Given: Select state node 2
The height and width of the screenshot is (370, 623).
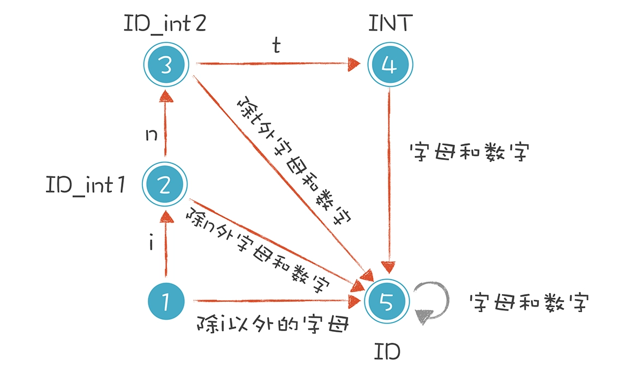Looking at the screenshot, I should [165, 186].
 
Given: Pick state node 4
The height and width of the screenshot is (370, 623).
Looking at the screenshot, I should [390, 65].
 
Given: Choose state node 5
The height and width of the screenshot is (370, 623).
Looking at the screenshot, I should [390, 301].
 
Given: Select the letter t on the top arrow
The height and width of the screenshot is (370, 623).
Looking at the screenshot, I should [277, 47].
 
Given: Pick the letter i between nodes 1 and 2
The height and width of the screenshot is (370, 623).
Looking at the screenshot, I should [151, 243].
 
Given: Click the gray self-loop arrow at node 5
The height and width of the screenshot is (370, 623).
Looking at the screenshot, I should [434, 303].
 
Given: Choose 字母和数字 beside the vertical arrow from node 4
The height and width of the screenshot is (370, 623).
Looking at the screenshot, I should [469, 153].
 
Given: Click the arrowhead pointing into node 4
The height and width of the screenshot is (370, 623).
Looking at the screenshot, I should [355, 64].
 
